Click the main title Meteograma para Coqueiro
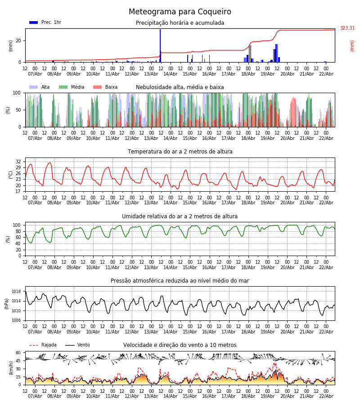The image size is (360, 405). point(180,12)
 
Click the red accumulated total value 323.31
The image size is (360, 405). point(347,28)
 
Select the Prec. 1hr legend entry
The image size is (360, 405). point(45,22)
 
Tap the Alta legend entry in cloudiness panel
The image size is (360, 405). point(40,87)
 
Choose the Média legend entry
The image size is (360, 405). point(72,87)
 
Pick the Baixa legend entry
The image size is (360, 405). point(105,87)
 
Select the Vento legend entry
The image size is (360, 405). point(77,345)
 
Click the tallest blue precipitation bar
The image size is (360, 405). point(160,45)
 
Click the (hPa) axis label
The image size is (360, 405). point(6,303)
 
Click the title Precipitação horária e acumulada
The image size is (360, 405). point(180,23)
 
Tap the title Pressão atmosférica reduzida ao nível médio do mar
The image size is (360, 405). point(180,281)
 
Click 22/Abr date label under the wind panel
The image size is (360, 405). point(326,396)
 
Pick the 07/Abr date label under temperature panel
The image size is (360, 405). point(35,203)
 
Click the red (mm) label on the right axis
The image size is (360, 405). point(352,45)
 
